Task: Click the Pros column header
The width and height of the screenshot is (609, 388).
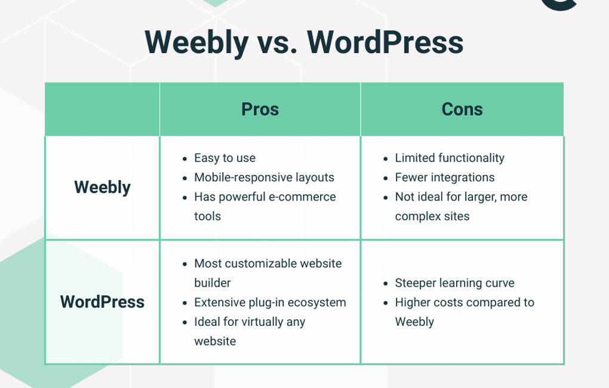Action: click(260, 109)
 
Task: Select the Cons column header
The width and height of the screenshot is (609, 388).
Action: click(462, 109)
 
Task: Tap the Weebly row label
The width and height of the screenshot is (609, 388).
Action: click(102, 187)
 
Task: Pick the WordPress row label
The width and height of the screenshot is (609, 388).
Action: click(102, 301)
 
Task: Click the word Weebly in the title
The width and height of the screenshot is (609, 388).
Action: click(196, 42)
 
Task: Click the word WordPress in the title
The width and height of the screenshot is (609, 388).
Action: click(385, 42)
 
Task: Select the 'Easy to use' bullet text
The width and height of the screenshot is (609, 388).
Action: click(224, 158)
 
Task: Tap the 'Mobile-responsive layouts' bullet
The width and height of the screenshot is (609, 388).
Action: click(264, 177)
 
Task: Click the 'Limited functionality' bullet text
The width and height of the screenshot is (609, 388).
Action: click(450, 158)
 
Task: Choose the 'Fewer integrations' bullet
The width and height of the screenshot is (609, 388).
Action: click(445, 177)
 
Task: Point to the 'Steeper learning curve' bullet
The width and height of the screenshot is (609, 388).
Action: click(454, 283)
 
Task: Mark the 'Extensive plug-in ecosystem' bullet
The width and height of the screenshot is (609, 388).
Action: click(270, 302)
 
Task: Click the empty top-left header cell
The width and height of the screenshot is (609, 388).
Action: click(102, 109)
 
